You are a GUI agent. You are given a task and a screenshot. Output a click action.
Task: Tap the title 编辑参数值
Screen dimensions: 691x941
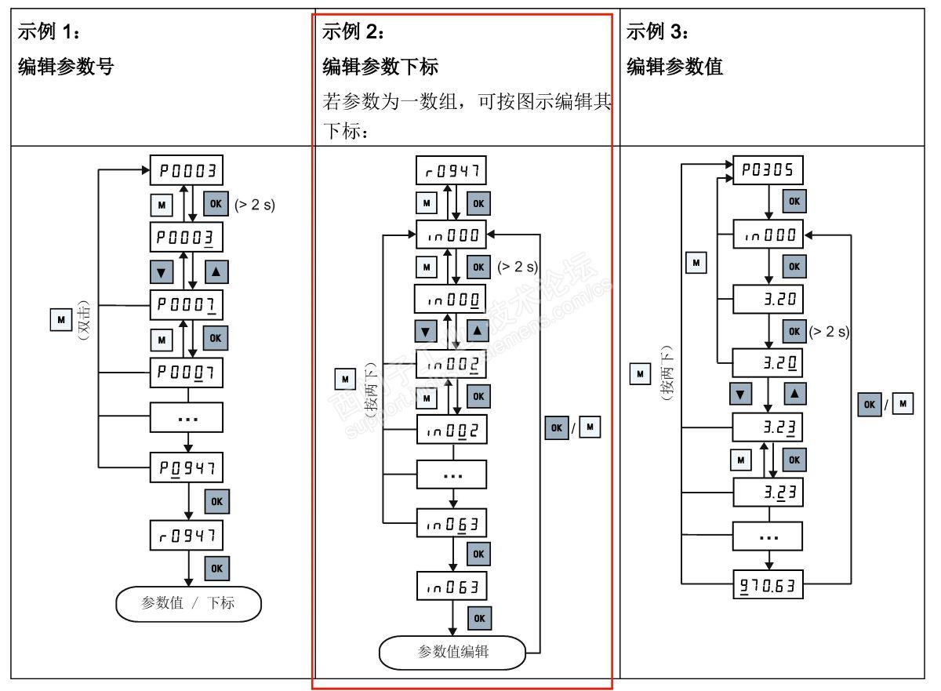(674, 68)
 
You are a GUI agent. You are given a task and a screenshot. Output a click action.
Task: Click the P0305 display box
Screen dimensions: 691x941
(768, 169)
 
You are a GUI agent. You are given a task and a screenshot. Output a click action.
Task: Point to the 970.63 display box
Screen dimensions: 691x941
(768, 584)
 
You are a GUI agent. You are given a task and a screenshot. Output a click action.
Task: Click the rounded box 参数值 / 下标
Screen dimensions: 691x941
(188, 603)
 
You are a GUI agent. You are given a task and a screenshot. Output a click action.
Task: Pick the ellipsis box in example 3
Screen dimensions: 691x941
(768, 537)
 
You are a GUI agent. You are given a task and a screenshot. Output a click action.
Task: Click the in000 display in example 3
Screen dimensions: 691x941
(768, 234)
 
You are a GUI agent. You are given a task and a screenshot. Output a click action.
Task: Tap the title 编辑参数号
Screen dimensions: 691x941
(67, 68)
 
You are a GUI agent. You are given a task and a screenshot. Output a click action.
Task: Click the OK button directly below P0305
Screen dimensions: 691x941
(794, 202)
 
